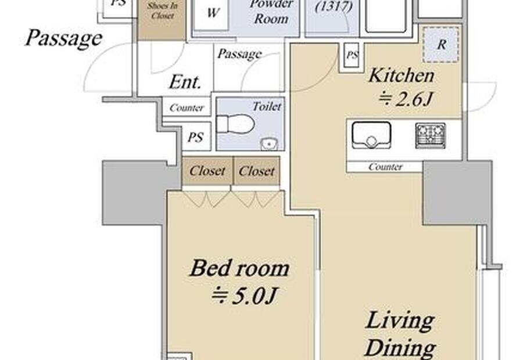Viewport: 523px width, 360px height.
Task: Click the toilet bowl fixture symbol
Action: (x=235, y=124)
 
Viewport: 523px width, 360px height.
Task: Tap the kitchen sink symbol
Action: (x=371, y=135)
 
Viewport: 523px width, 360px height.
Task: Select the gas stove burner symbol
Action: (x=430, y=136)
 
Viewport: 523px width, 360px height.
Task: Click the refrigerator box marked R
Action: (x=441, y=45)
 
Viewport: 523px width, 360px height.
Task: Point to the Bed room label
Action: (x=239, y=268)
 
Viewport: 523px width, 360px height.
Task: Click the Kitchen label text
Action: (x=402, y=75)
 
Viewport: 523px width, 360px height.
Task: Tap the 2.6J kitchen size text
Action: (x=406, y=99)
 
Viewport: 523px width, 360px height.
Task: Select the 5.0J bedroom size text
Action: (x=245, y=296)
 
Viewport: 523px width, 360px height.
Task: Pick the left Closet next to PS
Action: (x=207, y=171)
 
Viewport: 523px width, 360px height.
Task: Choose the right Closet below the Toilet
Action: (x=256, y=171)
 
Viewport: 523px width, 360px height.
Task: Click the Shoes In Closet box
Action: (x=162, y=20)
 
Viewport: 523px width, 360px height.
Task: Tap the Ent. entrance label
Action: (x=185, y=82)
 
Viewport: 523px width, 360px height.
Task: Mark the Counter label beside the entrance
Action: (x=187, y=107)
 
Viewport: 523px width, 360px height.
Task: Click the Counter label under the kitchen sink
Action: (x=385, y=167)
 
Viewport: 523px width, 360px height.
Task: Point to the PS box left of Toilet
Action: (x=196, y=136)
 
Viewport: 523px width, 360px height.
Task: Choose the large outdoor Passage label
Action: (x=64, y=38)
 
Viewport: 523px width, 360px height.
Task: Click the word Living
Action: (x=400, y=321)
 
